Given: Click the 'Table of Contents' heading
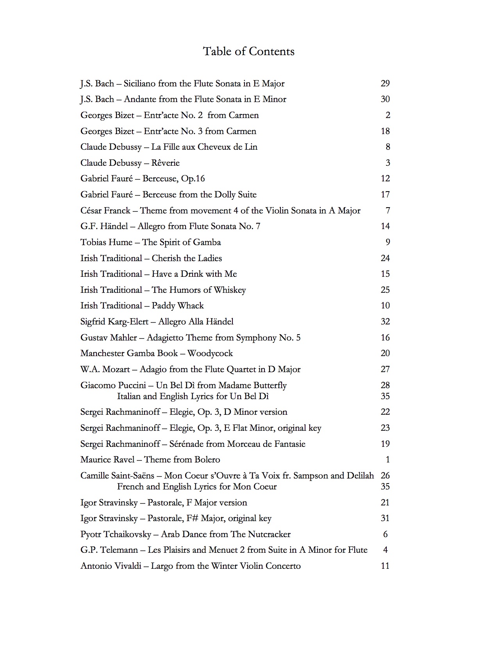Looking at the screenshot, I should pos(249,52).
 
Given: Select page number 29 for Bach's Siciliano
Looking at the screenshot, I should pos(385,83).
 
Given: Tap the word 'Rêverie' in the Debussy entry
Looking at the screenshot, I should pos(165,163).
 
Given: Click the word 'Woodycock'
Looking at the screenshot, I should pos(210,353).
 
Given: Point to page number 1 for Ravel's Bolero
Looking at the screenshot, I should pos(388,460).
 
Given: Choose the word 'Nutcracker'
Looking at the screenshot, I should pos(271,534).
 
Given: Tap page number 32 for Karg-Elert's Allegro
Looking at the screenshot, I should pos(385,322).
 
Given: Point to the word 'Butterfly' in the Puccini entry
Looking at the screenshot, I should pos(270,385).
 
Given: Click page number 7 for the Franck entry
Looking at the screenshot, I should pos(388,211).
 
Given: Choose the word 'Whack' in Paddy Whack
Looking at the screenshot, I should pos(191,306).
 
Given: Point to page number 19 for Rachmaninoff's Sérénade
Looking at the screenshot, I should pos(385,444).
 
